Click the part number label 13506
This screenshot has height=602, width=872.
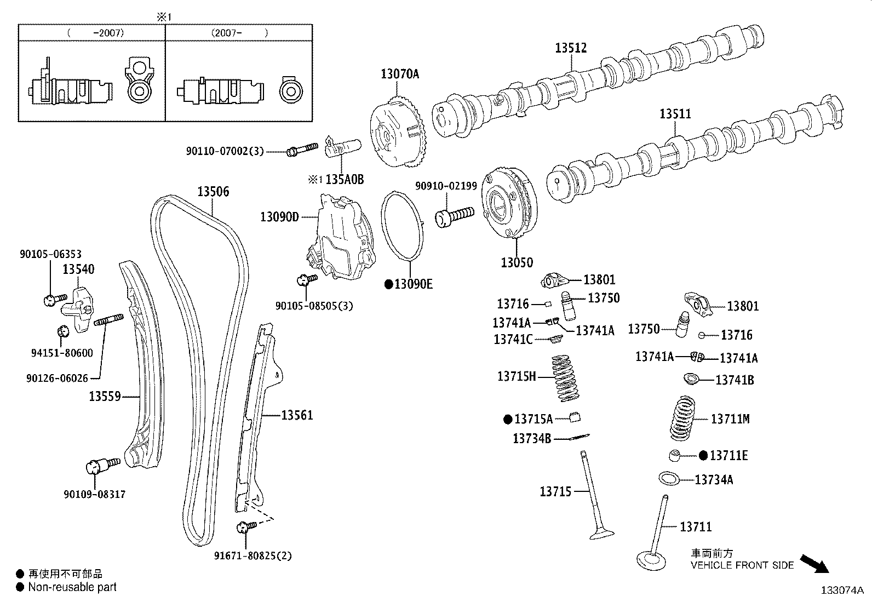point(213,192)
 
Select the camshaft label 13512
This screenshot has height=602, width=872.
point(571,48)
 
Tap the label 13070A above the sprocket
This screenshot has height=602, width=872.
point(400,73)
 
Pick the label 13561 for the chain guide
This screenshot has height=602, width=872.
point(297,415)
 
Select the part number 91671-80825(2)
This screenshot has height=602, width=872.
point(253,556)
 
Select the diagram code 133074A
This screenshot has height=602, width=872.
point(841,590)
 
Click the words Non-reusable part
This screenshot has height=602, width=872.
point(72,587)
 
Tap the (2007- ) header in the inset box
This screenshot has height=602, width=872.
point(239,33)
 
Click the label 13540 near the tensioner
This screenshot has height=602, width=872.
point(78,269)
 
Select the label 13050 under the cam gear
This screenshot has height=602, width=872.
point(516,262)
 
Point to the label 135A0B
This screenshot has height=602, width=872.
point(345,180)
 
